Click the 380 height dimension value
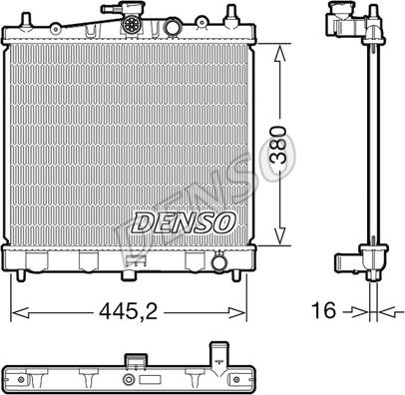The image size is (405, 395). [278, 145]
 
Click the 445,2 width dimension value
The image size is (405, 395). [129, 311]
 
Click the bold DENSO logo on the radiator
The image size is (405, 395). [184, 221]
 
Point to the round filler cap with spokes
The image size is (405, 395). [131, 24]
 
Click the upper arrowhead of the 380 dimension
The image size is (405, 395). [279, 54]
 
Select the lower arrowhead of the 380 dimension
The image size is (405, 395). [279, 235]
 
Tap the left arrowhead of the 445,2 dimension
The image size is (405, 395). [20, 312]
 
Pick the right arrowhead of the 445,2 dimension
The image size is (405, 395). [237, 312]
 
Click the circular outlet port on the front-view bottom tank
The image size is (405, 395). [219, 262]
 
